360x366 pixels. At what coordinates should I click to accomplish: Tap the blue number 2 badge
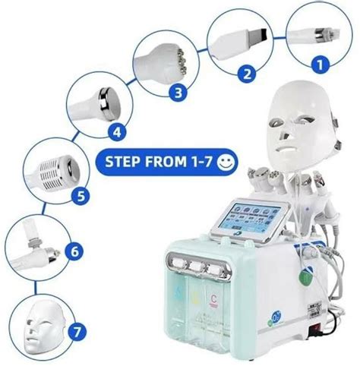(x=247, y=74)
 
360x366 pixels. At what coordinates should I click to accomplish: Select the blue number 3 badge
(x=177, y=93)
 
